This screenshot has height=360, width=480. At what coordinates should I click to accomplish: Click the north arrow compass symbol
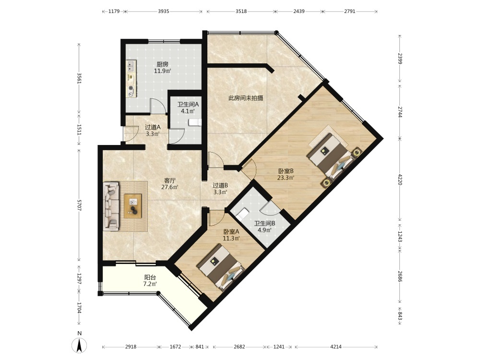(79, 346)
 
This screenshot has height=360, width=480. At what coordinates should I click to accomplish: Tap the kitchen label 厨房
(162, 64)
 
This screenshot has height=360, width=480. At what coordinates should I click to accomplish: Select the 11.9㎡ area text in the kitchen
(162, 71)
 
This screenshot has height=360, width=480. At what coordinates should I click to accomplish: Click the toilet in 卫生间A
(195, 122)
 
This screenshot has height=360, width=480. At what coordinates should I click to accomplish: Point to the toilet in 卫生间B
(244, 214)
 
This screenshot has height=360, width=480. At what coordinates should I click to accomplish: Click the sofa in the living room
(111, 206)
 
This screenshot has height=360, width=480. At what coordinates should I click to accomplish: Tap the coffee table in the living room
(133, 206)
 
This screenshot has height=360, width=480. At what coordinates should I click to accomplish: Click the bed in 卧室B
(334, 157)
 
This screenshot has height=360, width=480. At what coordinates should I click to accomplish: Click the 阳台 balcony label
(150, 277)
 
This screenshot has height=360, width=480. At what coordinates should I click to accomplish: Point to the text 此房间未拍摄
(246, 98)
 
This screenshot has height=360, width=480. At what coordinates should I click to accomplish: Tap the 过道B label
(220, 185)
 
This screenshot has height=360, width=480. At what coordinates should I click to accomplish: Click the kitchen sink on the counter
(132, 65)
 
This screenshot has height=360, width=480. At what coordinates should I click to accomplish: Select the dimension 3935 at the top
(164, 12)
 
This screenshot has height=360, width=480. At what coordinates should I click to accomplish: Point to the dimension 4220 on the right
(400, 180)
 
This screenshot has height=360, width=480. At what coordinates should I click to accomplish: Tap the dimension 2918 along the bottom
(131, 347)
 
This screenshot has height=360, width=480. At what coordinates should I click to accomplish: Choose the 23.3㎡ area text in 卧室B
(286, 178)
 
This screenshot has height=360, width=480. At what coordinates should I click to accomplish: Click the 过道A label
(153, 127)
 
